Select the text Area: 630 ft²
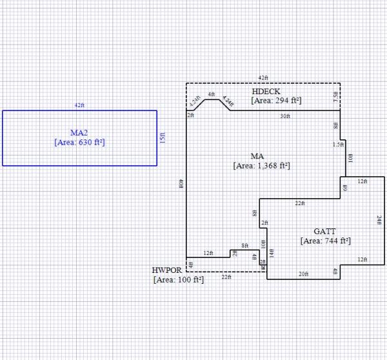click(x=79, y=142)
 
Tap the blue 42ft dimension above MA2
click(x=79, y=105)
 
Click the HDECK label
click(x=266, y=92)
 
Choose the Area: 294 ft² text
click(x=277, y=101)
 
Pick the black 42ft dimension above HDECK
click(x=263, y=78)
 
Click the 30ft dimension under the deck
click(x=285, y=116)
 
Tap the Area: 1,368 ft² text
click(x=261, y=166)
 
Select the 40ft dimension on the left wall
click(x=181, y=184)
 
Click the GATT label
click(x=324, y=231)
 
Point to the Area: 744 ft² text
click(x=325, y=241)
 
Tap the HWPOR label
click(x=165, y=270)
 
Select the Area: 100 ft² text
click(x=179, y=280)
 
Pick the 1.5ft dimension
click(x=338, y=145)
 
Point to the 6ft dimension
click(x=345, y=188)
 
